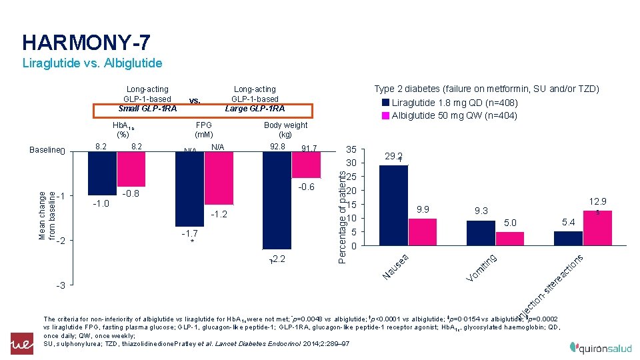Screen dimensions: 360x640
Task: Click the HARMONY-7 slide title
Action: (x=86, y=43)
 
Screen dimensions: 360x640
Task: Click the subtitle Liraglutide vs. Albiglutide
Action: (x=92, y=64)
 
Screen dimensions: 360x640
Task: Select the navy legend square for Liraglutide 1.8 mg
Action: (x=385, y=103)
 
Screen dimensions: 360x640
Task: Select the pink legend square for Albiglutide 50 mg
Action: (x=385, y=115)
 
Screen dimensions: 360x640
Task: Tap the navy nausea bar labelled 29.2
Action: (x=393, y=205)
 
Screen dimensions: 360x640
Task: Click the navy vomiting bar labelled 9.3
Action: (x=481, y=233)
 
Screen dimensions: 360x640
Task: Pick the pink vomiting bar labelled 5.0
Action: (x=509, y=239)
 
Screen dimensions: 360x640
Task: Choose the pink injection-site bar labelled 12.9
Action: (x=597, y=228)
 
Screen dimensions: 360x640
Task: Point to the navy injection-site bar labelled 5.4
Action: (x=568, y=238)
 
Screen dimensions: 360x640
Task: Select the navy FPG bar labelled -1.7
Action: (x=189, y=190)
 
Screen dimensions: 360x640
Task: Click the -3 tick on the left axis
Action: (x=60, y=285)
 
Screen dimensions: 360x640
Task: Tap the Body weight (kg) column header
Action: (x=285, y=129)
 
